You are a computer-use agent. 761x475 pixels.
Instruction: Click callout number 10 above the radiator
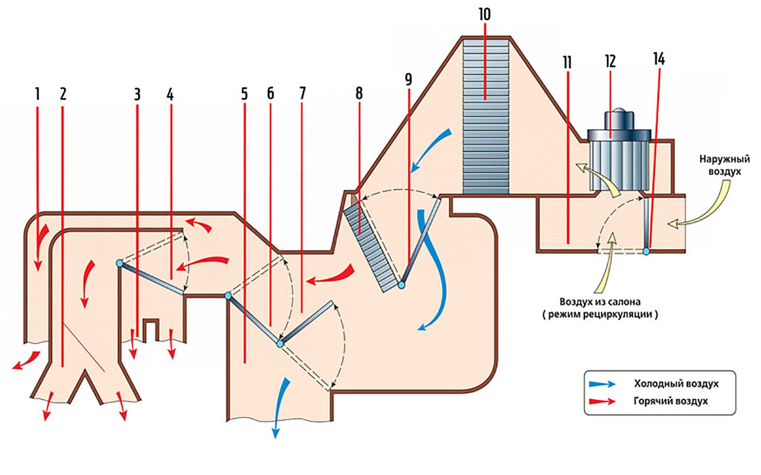pyautogui.click(x=484, y=14)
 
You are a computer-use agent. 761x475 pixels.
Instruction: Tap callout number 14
pyautogui.click(x=659, y=59)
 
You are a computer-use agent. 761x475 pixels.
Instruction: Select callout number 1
pyautogui.click(x=38, y=94)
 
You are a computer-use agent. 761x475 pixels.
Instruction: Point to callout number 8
pyautogui.click(x=359, y=94)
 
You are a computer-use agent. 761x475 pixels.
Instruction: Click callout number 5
pyautogui.click(x=244, y=94)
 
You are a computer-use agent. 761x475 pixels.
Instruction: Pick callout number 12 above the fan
pyautogui.click(x=610, y=61)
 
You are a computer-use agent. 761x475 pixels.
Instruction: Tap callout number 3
pyautogui.click(x=137, y=95)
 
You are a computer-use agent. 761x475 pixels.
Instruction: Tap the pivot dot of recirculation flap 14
pyautogui.click(x=646, y=251)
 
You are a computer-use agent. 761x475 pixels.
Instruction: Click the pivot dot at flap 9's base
pyautogui.click(x=401, y=285)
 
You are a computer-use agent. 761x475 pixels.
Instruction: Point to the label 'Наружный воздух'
pyautogui.click(x=724, y=165)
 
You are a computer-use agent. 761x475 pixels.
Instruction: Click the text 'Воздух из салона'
pyautogui.click(x=600, y=302)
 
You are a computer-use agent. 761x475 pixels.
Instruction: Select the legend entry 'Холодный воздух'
pyautogui.click(x=676, y=384)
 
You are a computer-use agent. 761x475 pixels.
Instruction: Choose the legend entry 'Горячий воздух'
pyautogui.click(x=671, y=401)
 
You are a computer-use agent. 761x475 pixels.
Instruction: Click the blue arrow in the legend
pyautogui.click(x=602, y=384)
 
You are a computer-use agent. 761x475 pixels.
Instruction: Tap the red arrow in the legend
pyautogui.click(x=602, y=401)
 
